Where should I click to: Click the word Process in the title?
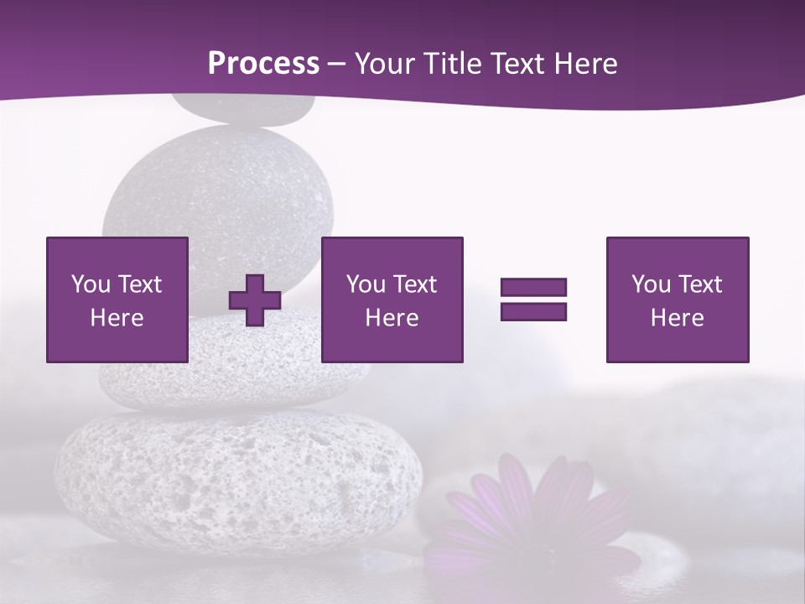(263, 64)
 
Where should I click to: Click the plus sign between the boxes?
(255, 300)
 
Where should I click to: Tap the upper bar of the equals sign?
(533, 288)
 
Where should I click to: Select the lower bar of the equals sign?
(533, 311)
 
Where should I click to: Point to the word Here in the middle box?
(392, 318)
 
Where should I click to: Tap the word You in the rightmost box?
(651, 284)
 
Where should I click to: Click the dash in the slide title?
(336, 64)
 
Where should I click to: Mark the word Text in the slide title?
(517, 64)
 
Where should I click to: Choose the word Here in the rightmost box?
(677, 318)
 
